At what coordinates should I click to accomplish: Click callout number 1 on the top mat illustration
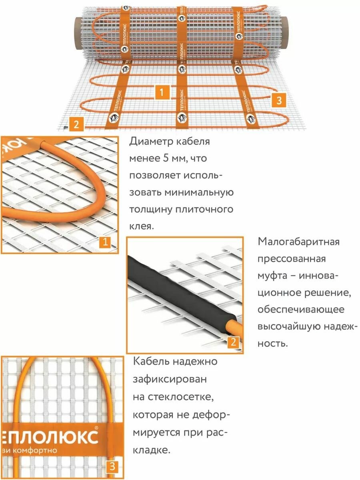161,92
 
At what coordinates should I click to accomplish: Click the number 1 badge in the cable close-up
105,242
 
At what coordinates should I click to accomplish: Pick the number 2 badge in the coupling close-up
234,342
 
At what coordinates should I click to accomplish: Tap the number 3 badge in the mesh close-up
112,466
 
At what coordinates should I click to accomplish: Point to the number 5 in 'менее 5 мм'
165,159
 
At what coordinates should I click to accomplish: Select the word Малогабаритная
298,242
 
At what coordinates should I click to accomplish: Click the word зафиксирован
170,379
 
